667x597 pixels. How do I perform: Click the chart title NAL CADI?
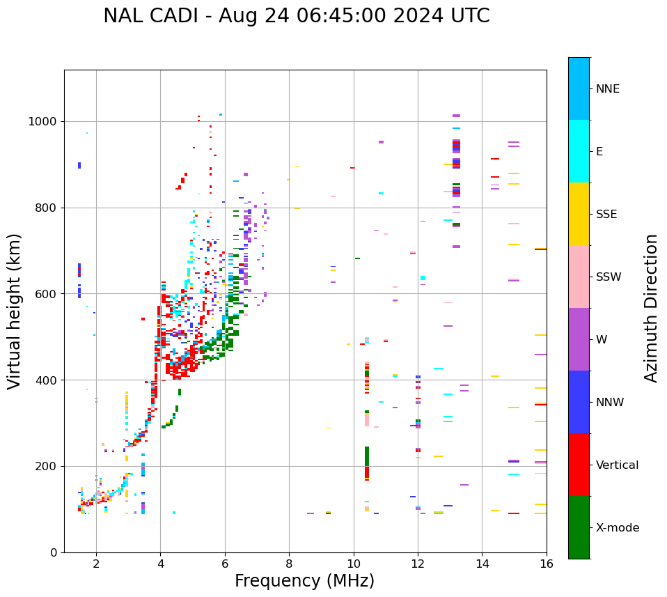(x=296, y=16)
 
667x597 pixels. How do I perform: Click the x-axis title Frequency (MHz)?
(x=304, y=581)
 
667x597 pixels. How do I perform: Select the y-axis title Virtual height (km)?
(x=15, y=311)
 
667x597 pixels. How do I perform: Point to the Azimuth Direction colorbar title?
(x=651, y=308)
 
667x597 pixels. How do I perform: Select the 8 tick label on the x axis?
(x=289, y=564)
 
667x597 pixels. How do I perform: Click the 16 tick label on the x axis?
(x=547, y=564)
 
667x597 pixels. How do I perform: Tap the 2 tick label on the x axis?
(x=96, y=564)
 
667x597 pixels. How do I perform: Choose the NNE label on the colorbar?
(x=607, y=89)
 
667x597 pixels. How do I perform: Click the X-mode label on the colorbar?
(x=617, y=528)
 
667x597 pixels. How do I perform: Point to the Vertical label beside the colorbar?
(x=617, y=465)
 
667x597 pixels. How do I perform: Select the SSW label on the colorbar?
(x=609, y=277)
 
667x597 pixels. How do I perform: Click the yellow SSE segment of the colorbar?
(x=579, y=214)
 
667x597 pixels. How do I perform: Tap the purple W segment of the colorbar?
(x=579, y=339)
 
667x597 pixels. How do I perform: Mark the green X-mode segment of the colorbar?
(x=579, y=527)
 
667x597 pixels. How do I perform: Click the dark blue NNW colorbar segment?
(x=579, y=402)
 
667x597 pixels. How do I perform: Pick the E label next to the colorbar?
(x=599, y=152)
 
